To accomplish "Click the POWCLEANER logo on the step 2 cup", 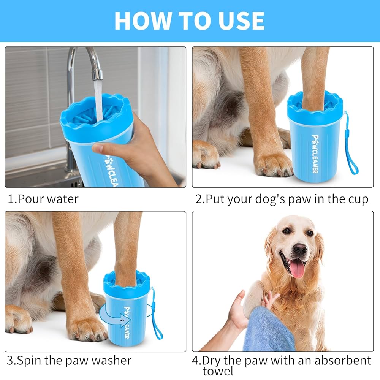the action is point(315,154).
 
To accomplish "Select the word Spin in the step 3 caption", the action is point(30,361).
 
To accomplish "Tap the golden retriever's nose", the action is point(300,249).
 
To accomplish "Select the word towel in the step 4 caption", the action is point(218,371).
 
